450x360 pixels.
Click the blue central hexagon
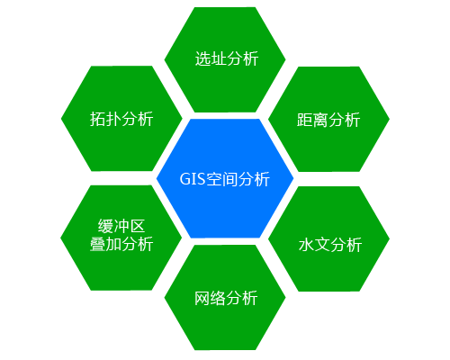225,178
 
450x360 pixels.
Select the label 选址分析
227,58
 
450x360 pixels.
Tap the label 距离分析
328,120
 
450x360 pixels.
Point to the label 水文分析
330,245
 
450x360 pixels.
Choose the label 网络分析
226,298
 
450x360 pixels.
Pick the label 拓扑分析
121,119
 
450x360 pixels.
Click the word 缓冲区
121,226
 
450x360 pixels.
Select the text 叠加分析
121,244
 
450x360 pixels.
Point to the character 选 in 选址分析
202,58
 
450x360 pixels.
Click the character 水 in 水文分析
306,245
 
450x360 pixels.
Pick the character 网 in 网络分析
202,298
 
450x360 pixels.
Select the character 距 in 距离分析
304,120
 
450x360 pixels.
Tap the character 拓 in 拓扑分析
97,119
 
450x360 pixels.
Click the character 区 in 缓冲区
138,226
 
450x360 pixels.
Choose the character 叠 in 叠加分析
97,244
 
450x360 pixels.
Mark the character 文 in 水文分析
322,245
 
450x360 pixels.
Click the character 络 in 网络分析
218,298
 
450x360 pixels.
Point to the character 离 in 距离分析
320,120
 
